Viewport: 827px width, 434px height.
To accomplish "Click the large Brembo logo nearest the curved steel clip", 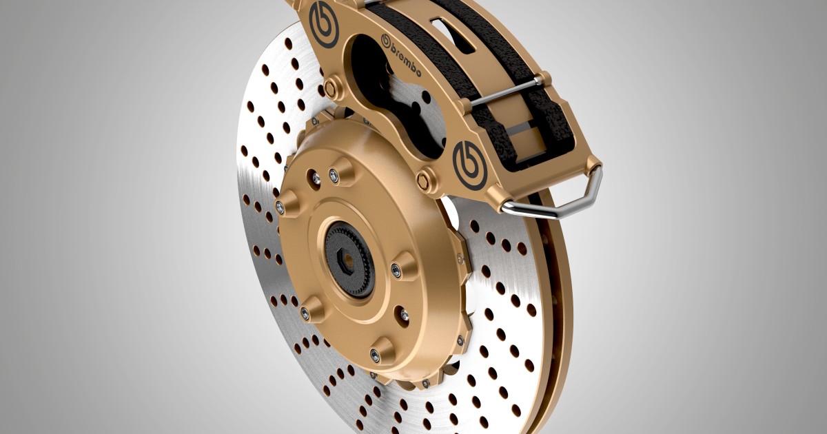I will point(470,163).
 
